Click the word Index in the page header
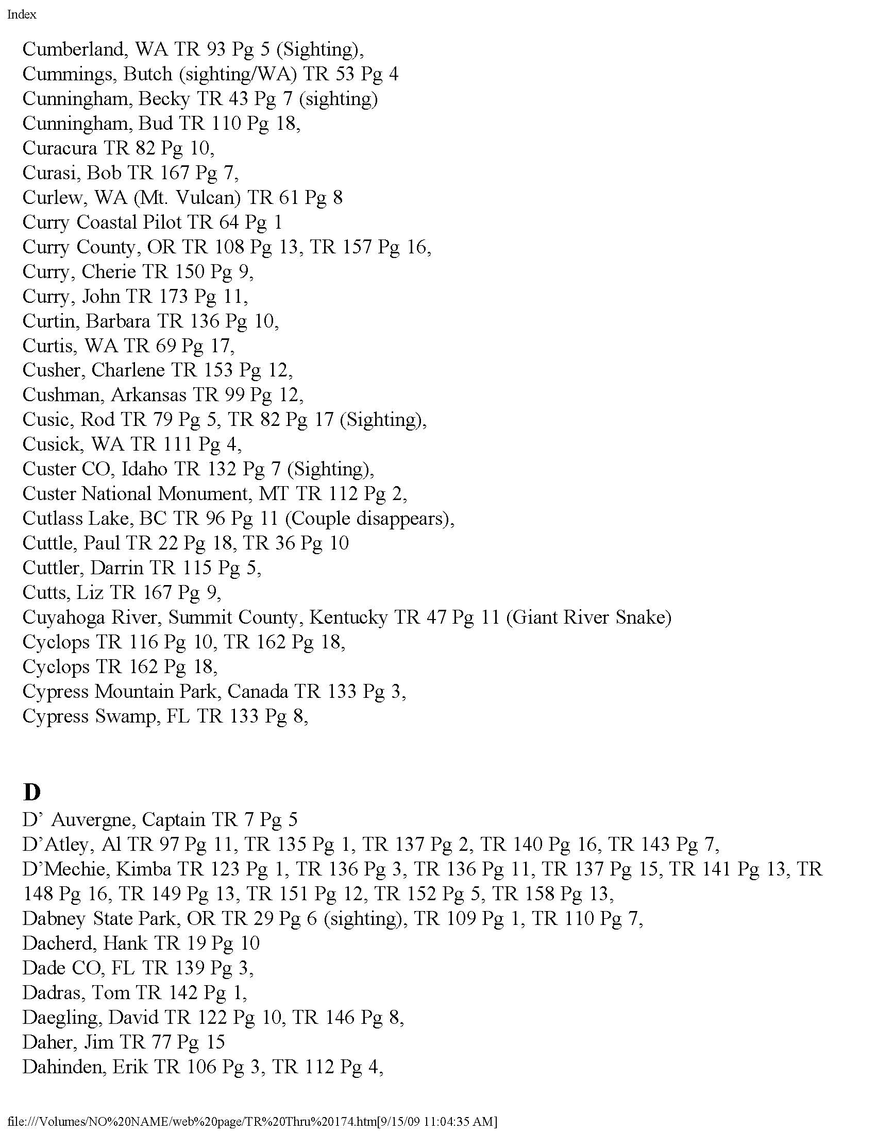tap(22, 14)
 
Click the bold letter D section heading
tap(31, 792)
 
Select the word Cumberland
tap(73, 49)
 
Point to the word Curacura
tap(60, 148)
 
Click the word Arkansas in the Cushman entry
tap(148, 396)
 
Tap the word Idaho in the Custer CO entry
tap(144, 470)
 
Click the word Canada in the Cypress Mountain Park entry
tap(258, 692)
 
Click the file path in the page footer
tap(252, 1122)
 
